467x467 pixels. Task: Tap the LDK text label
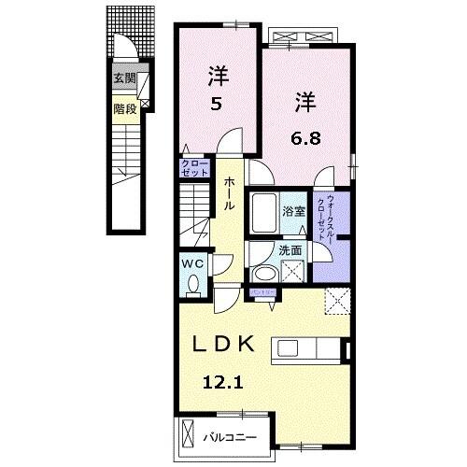pyautogui.click(x=223, y=344)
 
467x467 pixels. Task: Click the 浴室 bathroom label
pyautogui.click(x=293, y=211)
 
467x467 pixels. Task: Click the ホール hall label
pyautogui.click(x=229, y=195)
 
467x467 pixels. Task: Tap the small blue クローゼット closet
pyautogui.click(x=193, y=169)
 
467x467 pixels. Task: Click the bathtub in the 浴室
pyautogui.click(x=264, y=214)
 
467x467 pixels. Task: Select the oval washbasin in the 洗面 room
pyautogui.click(x=263, y=274)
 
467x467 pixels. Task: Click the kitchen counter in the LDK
pyautogui.click(x=308, y=349)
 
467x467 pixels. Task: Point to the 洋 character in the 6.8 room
pyautogui.click(x=307, y=97)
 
